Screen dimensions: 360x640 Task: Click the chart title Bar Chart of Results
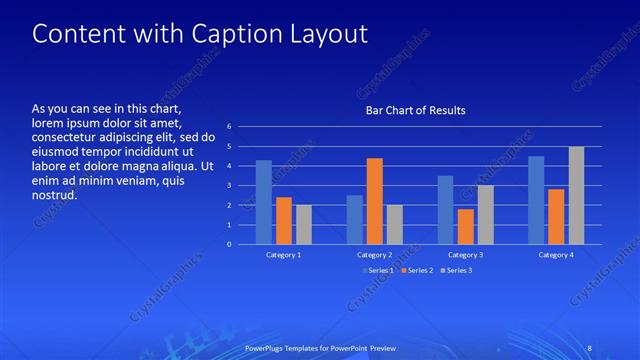coord(415,110)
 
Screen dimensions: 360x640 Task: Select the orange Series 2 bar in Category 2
coord(374,201)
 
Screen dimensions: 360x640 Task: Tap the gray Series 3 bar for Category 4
coord(576,195)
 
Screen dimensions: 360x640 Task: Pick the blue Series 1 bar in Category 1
coord(264,202)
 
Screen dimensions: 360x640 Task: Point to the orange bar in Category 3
coord(465,226)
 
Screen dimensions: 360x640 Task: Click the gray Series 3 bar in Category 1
coord(304,224)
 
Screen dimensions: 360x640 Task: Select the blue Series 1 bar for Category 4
coord(536,200)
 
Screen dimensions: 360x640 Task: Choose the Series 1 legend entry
coord(376,270)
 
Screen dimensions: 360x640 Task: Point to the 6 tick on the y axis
coord(229,127)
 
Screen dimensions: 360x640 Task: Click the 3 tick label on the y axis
coord(229,185)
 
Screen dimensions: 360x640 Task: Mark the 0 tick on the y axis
coord(229,244)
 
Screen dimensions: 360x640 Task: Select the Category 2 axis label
coord(374,255)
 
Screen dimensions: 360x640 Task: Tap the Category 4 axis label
coord(556,255)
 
